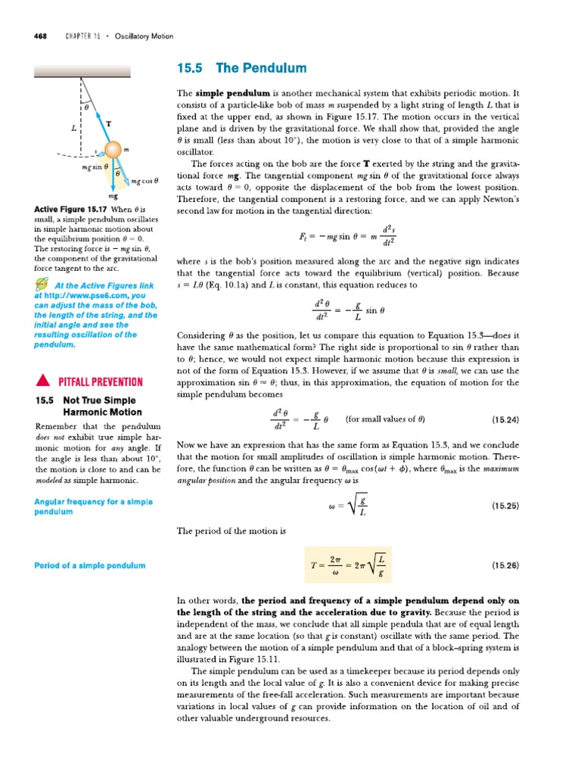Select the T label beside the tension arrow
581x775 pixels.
click(x=109, y=123)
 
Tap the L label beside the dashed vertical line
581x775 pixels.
click(x=73, y=129)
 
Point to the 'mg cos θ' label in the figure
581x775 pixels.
click(x=143, y=181)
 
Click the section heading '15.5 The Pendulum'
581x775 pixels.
click(x=240, y=68)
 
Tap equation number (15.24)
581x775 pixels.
click(x=505, y=419)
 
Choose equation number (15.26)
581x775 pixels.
click(x=505, y=565)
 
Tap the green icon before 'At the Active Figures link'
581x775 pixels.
click(x=42, y=285)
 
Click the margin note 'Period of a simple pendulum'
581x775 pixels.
click(x=90, y=565)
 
